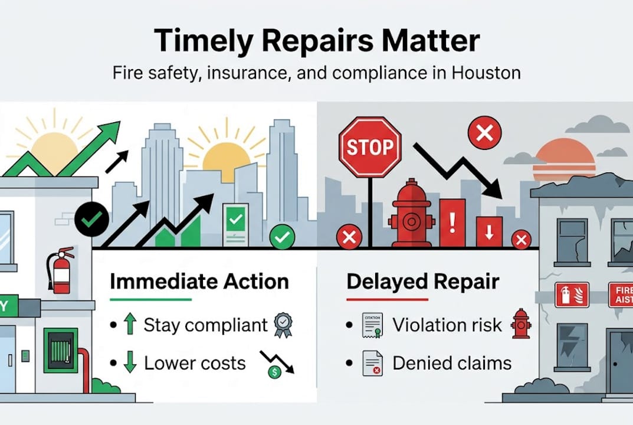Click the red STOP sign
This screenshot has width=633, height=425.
(370, 147)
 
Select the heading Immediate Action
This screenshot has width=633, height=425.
(199, 281)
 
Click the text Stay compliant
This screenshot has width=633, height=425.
(206, 325)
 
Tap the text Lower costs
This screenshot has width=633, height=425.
(195, 362)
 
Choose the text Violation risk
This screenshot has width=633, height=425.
(447, 325)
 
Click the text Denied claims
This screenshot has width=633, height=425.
(452, 362)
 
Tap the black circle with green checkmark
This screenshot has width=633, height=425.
(91, 219)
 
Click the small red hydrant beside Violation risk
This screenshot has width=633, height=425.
(521, 323)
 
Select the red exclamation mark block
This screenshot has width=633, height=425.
(452, 222)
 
